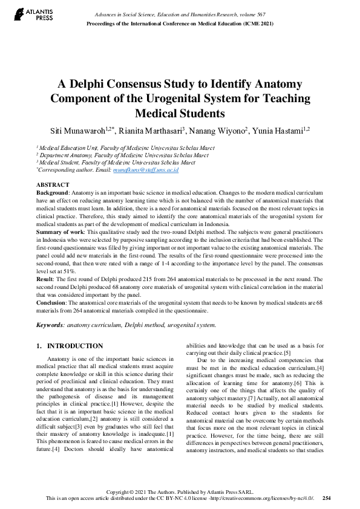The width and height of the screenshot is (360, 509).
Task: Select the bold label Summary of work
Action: pyautogui.click(x=61, y=232)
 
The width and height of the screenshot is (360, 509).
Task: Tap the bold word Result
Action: pyautogui.click(x=45, y=279)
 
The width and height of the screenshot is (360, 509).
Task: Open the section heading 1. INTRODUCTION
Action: pyautogui.click(x=70, y=346)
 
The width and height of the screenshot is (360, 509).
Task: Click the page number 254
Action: pyautogui.click(x=327, y=498)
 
